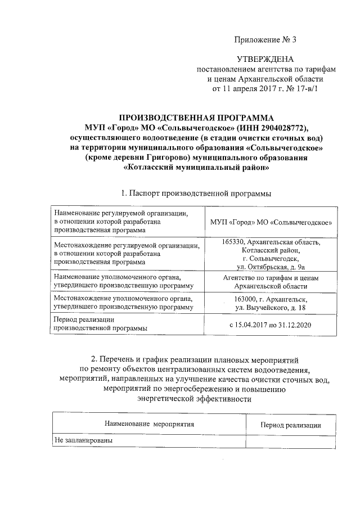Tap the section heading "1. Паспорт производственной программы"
(196, 193)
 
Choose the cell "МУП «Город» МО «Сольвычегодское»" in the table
(270, 223)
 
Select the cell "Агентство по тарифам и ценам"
(271, 278)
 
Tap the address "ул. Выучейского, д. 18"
(271, 308)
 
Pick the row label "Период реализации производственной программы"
(101, 323)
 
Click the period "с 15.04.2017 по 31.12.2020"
(271, 325)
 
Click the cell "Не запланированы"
(84, 441)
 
